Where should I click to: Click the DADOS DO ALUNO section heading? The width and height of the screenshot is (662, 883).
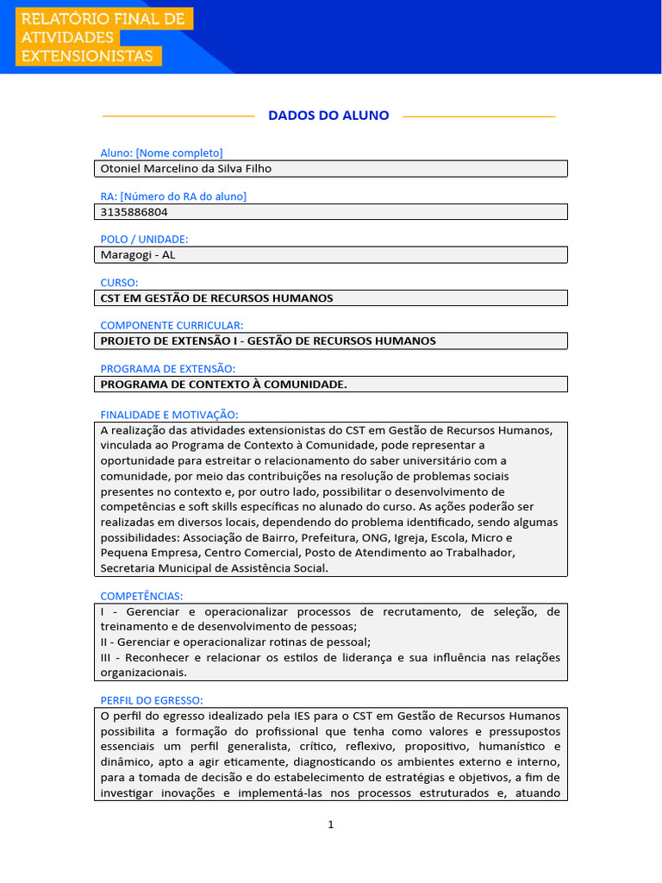coord(328,116)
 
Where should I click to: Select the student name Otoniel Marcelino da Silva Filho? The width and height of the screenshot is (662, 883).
coord(186,169)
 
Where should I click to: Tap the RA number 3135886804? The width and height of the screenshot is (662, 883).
coord(134,212)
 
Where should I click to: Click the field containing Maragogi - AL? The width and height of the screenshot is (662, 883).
coord(330,255)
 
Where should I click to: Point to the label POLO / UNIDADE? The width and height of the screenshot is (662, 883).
coord(144,239)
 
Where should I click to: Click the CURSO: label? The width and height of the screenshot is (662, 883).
coord(119,282)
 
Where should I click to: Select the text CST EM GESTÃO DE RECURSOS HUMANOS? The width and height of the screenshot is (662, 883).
coord(216,298)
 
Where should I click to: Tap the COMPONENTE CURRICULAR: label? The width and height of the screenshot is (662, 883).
coord(172,325)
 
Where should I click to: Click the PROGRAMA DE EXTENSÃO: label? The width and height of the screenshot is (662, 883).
coord(167,368)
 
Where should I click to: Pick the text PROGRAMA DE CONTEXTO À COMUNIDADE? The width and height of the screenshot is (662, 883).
coord(223,385)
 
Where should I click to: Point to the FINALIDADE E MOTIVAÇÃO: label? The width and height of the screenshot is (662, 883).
coord(169,415)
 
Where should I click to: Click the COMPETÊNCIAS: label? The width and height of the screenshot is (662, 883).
coord(141,596)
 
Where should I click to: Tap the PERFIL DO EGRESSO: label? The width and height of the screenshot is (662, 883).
coord(151,700)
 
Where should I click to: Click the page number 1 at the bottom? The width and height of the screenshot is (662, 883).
coord(330,824)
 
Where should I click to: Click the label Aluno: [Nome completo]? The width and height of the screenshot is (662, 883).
coord(161,153)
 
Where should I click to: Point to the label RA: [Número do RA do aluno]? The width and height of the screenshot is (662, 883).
coord(173,196)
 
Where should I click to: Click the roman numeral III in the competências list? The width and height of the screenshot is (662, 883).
coord(106,658)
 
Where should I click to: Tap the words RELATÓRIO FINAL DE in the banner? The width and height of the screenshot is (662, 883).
coord(103,19)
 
